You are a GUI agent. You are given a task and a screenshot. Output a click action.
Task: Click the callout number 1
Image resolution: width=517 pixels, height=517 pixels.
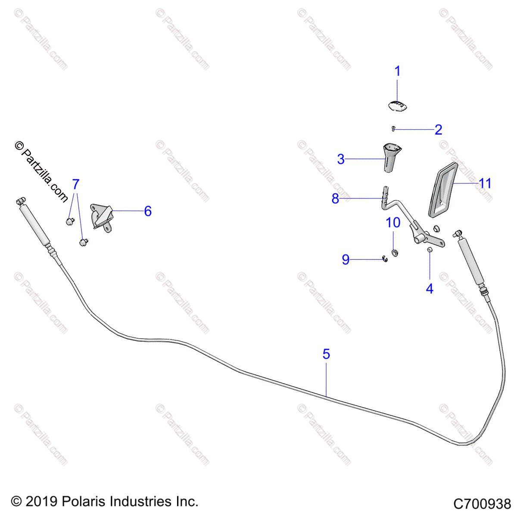pyautogui.click(x=398, y=71)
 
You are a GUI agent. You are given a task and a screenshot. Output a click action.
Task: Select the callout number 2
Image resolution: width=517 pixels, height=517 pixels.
pyautogui.click(x=438, y=130)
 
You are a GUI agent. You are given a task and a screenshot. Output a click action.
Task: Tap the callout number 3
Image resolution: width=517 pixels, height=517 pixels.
pyautogui.click(x=341, y=159)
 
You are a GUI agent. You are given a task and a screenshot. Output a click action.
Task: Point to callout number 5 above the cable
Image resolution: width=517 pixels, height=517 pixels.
pyautogui.click(x=326, y=354)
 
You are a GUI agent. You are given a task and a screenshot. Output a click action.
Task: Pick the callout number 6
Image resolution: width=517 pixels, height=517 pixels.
pyautogui.click(x=148, y=211)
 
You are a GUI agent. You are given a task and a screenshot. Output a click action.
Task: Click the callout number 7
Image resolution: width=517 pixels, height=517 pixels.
pyautogui.click(x=76, y=184)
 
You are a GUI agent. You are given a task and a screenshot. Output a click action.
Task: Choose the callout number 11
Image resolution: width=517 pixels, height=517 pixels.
pyautogui.click(x=485, y=184)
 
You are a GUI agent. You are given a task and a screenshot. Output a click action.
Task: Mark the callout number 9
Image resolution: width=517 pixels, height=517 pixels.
pyautogui.click(x=346, y=260)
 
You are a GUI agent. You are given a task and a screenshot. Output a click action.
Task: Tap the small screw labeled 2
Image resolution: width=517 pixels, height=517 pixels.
pyautogui.click(x=393, y=128)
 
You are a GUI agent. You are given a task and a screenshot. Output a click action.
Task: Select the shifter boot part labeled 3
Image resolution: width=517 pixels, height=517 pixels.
pyautogui.click(x=392, y=158)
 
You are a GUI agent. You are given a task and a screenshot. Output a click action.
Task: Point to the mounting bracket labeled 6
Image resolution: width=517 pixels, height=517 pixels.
pyautogui.click(x=102, y=217)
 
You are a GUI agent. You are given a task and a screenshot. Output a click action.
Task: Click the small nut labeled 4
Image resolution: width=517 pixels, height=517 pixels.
pyautogui.click(x=429, y=250)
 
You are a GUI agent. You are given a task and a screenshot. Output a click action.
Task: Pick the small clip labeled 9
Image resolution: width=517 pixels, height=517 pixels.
pyautogui.click(x=385, y=258)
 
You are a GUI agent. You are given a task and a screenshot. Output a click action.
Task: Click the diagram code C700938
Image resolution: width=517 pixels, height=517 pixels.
pyautogui.click(x=482, y=504)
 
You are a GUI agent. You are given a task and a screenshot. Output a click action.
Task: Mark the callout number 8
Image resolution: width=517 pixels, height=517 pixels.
pyautogui.click(x=335, y=199)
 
